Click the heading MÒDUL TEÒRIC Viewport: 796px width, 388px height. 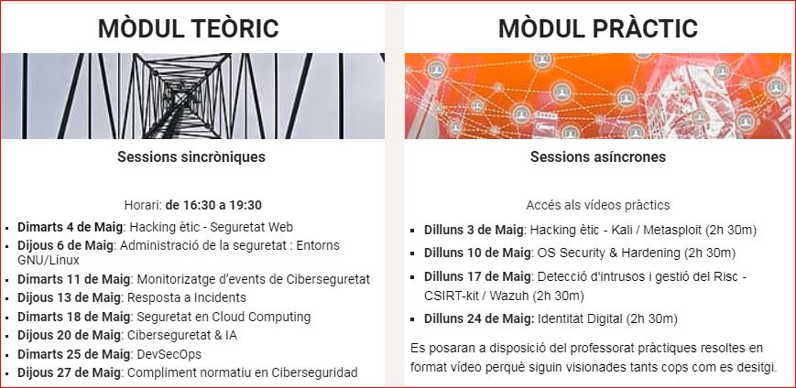[x=189, y=28]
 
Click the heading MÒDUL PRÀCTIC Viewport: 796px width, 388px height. [x=598, y=28]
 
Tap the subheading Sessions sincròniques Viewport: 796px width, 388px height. [x=191, y=156]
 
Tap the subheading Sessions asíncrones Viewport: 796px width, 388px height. [x=598, y=156]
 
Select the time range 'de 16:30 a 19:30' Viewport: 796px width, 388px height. [x=213, y=205]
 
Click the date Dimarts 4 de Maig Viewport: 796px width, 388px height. [x=71, y=227]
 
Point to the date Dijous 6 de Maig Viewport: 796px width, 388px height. [x=67, y=246]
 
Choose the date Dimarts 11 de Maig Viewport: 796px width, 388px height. [x=74, y=279]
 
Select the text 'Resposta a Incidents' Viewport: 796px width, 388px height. [x=186, y=297]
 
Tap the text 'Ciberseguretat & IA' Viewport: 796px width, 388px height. [x=181, y=335]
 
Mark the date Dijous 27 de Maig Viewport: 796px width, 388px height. [x=69, y=372]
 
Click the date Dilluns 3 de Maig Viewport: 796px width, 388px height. [x=474, y=230]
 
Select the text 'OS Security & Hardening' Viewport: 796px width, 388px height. [x=608, y=252]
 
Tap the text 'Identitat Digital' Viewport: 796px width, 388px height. [x=580, y=319]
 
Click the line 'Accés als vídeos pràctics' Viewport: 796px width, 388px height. [x=598, y=205]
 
